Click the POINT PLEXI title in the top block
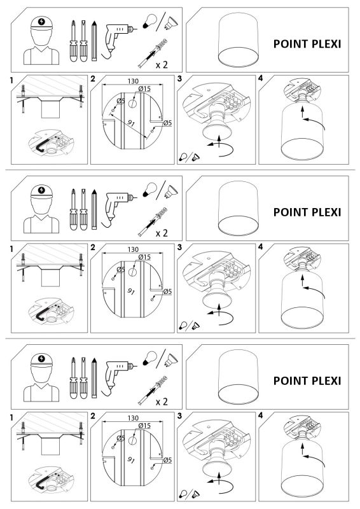pos(307,44)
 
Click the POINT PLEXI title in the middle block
pos(307,212)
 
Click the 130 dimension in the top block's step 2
pos(132,81)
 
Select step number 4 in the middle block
pos(261,247)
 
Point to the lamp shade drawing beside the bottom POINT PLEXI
pos(237,380)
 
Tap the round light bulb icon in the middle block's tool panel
pos(149,188)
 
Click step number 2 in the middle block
pos(93,247)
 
